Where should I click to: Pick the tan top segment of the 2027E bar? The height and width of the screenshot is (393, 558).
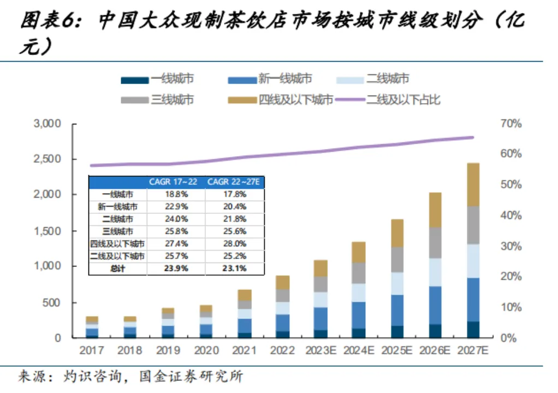pyautogui.click(x=473, y=184)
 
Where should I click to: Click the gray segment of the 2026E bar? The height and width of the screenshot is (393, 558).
pyautogui.click(x=435, y=243)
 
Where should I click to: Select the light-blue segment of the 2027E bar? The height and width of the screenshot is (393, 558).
pyautogui.click(x=473, y=261)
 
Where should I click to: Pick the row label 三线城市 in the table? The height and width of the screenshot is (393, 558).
pyautogui.click(x=117, y=231)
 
